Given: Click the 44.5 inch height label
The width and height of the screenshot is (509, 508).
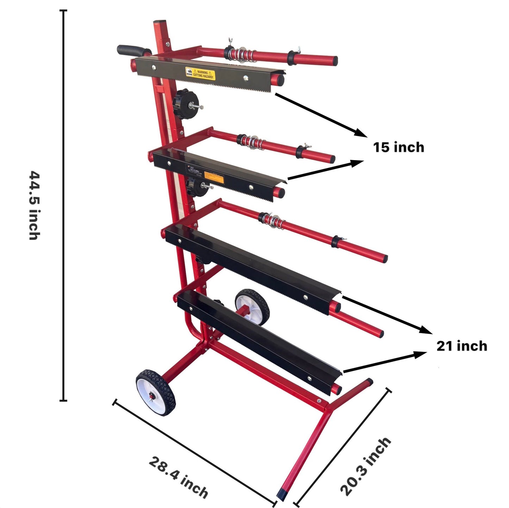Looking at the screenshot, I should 34,205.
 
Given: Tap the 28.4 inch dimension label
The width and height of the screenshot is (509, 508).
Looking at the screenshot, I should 178,477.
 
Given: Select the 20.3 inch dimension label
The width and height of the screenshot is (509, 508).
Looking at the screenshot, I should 365,466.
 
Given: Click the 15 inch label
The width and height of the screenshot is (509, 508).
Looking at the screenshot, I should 398,147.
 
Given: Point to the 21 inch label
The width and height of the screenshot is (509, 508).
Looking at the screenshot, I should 462,346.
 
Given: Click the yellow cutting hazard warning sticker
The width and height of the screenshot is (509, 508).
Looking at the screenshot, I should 200,74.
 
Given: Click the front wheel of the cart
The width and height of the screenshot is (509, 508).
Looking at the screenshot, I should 155,392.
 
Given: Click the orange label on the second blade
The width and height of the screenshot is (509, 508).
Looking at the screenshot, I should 214,177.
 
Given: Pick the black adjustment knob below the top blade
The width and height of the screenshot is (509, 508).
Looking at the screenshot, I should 185,99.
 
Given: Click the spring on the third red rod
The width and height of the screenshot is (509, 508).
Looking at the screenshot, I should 273,220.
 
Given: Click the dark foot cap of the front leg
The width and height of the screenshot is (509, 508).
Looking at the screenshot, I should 282,494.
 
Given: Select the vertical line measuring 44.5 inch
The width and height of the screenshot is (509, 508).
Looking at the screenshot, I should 63,205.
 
